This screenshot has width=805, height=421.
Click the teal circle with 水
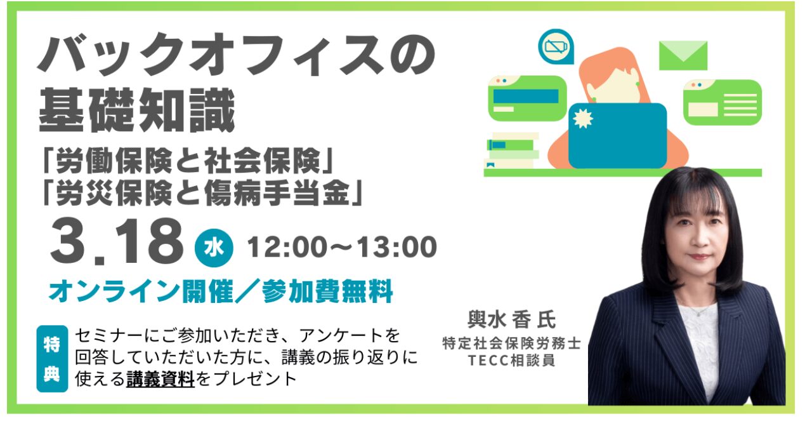coord(214,248)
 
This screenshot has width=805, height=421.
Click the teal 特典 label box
coord(52,359)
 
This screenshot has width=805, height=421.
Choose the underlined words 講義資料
coord(160,379)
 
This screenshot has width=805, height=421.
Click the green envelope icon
coord(683,55)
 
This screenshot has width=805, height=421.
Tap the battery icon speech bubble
coord(556,47)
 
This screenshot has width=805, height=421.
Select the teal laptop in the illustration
coord(617,136)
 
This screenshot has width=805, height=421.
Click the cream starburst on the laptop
coord(582,118)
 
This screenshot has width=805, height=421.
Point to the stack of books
coord(512,150)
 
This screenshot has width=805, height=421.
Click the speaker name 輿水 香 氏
coord(512,319)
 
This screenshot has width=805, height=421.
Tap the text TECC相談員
coord(512,360)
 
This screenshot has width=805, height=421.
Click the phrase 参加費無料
coord(327,291)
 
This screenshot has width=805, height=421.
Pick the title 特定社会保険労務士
coord(512,343)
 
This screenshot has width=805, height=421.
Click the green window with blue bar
coord(527,98)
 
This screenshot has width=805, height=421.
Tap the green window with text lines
coord(723,102)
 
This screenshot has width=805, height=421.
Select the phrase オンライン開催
coord(141,291)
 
